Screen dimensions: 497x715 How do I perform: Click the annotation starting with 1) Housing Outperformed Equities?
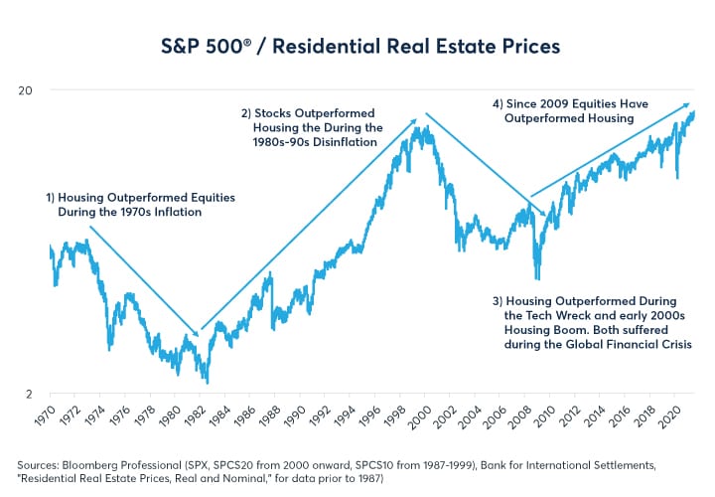(x=140, y=205)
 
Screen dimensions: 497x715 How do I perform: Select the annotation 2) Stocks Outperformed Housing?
(x=311, y=127)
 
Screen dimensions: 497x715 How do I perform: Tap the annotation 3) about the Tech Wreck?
(x=591, y=323)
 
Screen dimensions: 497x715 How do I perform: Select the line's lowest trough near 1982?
(x=208, y=382)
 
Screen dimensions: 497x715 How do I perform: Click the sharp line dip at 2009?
(x=537, y=279)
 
